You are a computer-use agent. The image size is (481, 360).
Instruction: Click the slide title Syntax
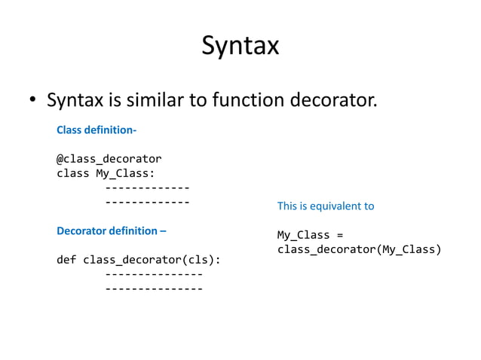click(240, 47)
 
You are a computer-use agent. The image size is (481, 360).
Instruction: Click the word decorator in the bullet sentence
click(329, 99)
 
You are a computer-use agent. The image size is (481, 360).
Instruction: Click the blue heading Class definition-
click(97, 130)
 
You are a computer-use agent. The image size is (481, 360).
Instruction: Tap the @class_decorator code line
click(109, 159)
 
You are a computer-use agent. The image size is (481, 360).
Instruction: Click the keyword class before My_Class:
click(72, 173)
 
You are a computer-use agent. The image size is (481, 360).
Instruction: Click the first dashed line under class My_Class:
click(147, 188)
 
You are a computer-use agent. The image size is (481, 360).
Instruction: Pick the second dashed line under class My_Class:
click(147, 202)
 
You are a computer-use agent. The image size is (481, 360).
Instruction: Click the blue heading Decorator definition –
click(112, 230)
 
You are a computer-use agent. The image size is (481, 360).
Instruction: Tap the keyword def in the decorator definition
click(66, 260)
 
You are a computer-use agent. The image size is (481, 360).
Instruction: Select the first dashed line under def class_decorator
click(154, 274)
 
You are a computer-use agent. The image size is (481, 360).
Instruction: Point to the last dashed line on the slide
click(154, 288)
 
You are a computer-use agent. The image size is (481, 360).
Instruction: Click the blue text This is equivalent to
click(326, 206)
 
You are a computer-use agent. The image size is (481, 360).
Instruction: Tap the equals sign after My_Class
click(339, 235)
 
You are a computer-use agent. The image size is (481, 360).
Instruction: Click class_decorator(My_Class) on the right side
click(359, 249)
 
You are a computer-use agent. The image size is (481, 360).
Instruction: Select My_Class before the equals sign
click(303, 235)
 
